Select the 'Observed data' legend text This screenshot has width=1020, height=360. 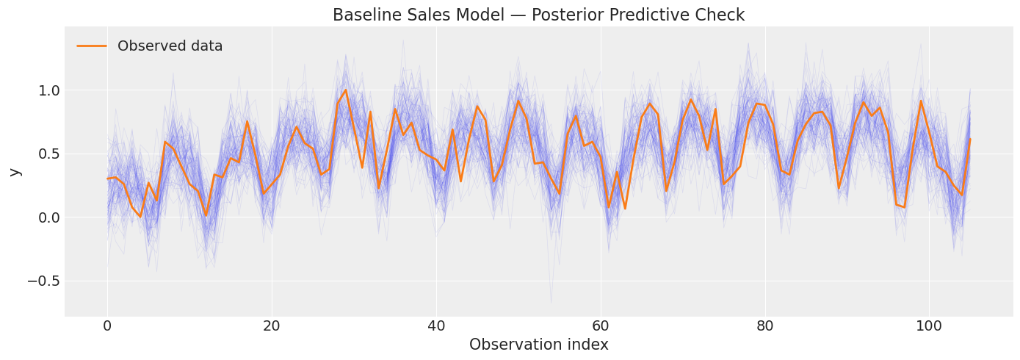pos(170,46)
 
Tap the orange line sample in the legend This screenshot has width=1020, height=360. pos(92,46)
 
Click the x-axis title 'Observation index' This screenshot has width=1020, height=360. pos(538,345)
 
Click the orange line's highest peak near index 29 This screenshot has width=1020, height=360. pos(345,90)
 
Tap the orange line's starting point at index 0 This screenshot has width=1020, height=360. pos(107,179)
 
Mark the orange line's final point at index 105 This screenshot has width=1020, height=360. pos(970,139)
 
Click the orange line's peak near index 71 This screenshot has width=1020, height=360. pos(690,100)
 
